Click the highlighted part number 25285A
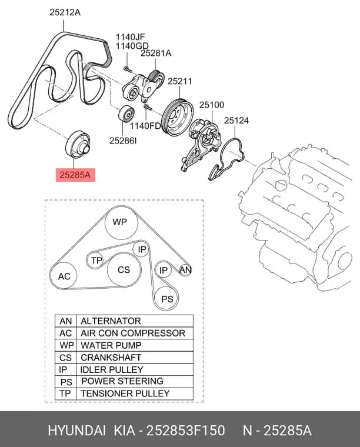(75, 175)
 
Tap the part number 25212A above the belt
(65, 12)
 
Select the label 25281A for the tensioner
(156, 53)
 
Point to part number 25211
(180, 81)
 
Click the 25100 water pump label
(212, 105)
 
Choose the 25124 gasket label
(236, 121)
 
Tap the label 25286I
(123, 141)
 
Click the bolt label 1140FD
(145, 125)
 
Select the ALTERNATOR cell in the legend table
(111, 321)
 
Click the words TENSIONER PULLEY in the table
(125, 393)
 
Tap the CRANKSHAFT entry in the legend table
(111, 357)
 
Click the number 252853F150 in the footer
(185, 430)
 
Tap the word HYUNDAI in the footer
(76, 430)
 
